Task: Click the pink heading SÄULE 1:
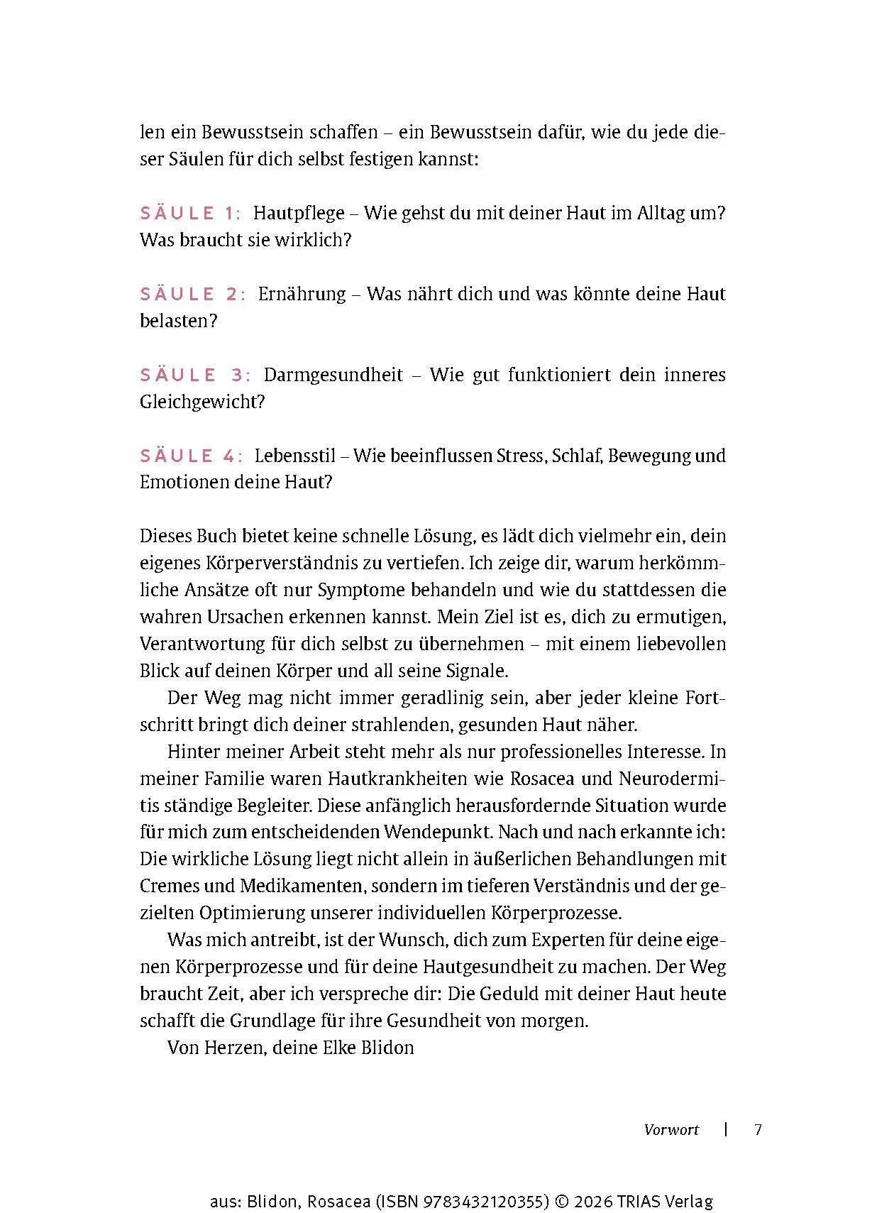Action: (x=190, y=213)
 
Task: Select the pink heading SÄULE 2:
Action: (x=192, y=294)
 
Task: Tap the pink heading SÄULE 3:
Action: (x=195, y=375)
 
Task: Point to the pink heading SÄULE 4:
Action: (x=191, y=456)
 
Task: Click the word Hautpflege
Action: (x=299, y=213)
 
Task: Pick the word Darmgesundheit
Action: (x=333, y=375)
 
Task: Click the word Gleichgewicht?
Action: (x=202, y=402)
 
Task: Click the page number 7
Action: (x=758, y=1129)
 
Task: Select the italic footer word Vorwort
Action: (x=671, y=1129)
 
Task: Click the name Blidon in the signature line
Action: (x=388, y=1048)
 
